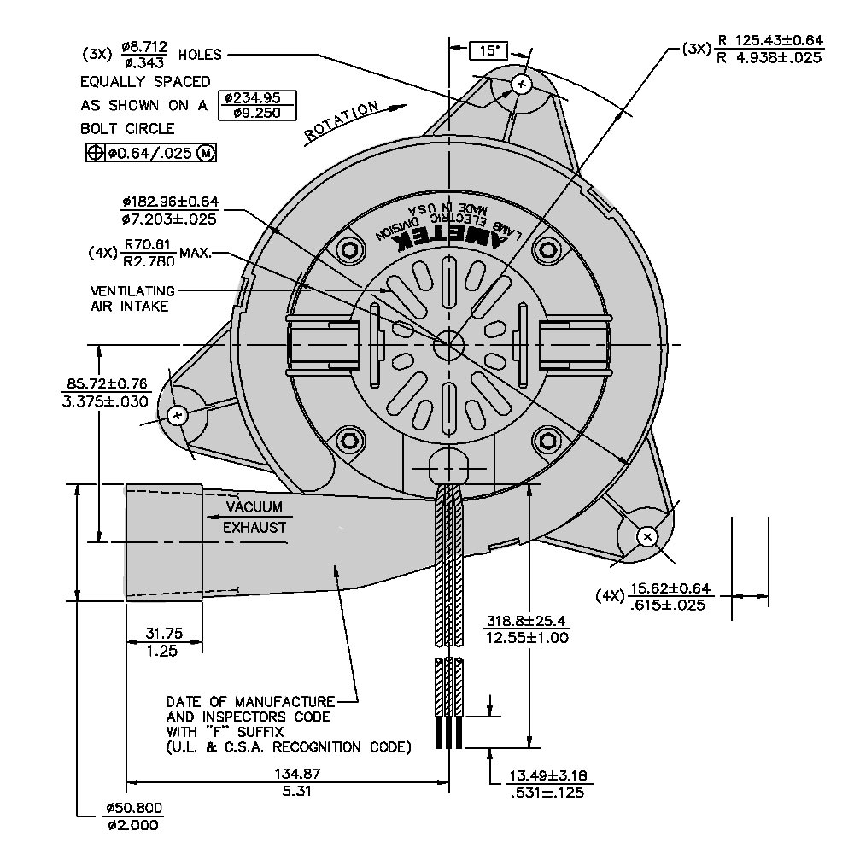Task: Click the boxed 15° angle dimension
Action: point(489,51)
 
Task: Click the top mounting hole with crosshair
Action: point(522,83)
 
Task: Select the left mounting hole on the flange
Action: point(177,416)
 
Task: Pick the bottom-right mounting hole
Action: point(647,535)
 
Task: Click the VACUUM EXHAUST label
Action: point(254,518)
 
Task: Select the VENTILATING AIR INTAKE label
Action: point(132,298)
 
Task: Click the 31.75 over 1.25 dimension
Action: point(164,641)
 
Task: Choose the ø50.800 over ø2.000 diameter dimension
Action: point(134,816)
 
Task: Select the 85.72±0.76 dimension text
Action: point(107,392)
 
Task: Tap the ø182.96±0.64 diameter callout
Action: point(170,210)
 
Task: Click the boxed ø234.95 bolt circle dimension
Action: point(257,104)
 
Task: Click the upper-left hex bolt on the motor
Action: point(349,250)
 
